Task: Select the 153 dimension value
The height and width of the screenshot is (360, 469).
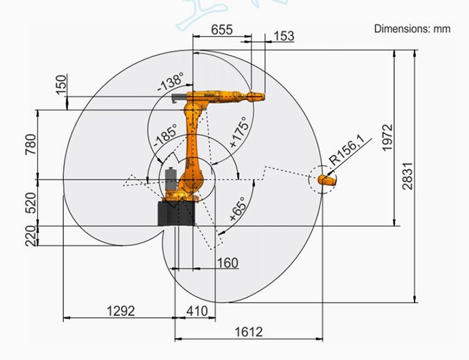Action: (283, 36)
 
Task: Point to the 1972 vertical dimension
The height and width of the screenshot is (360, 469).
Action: (387, 137)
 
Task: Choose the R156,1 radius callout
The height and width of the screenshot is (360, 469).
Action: (347, 151)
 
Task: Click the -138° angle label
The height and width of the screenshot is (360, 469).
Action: (171, 83)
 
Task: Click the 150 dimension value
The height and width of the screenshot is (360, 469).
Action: (61, 85)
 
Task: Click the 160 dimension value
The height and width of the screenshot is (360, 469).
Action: (227, 262)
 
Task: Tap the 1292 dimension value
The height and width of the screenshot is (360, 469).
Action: (121, 310)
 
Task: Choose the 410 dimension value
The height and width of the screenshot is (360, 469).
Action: (197, 310)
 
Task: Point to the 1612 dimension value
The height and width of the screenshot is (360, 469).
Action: (249, 331)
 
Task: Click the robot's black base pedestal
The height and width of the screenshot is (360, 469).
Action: (176, 213)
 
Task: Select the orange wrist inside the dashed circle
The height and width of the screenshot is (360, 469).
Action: (326, 181)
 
